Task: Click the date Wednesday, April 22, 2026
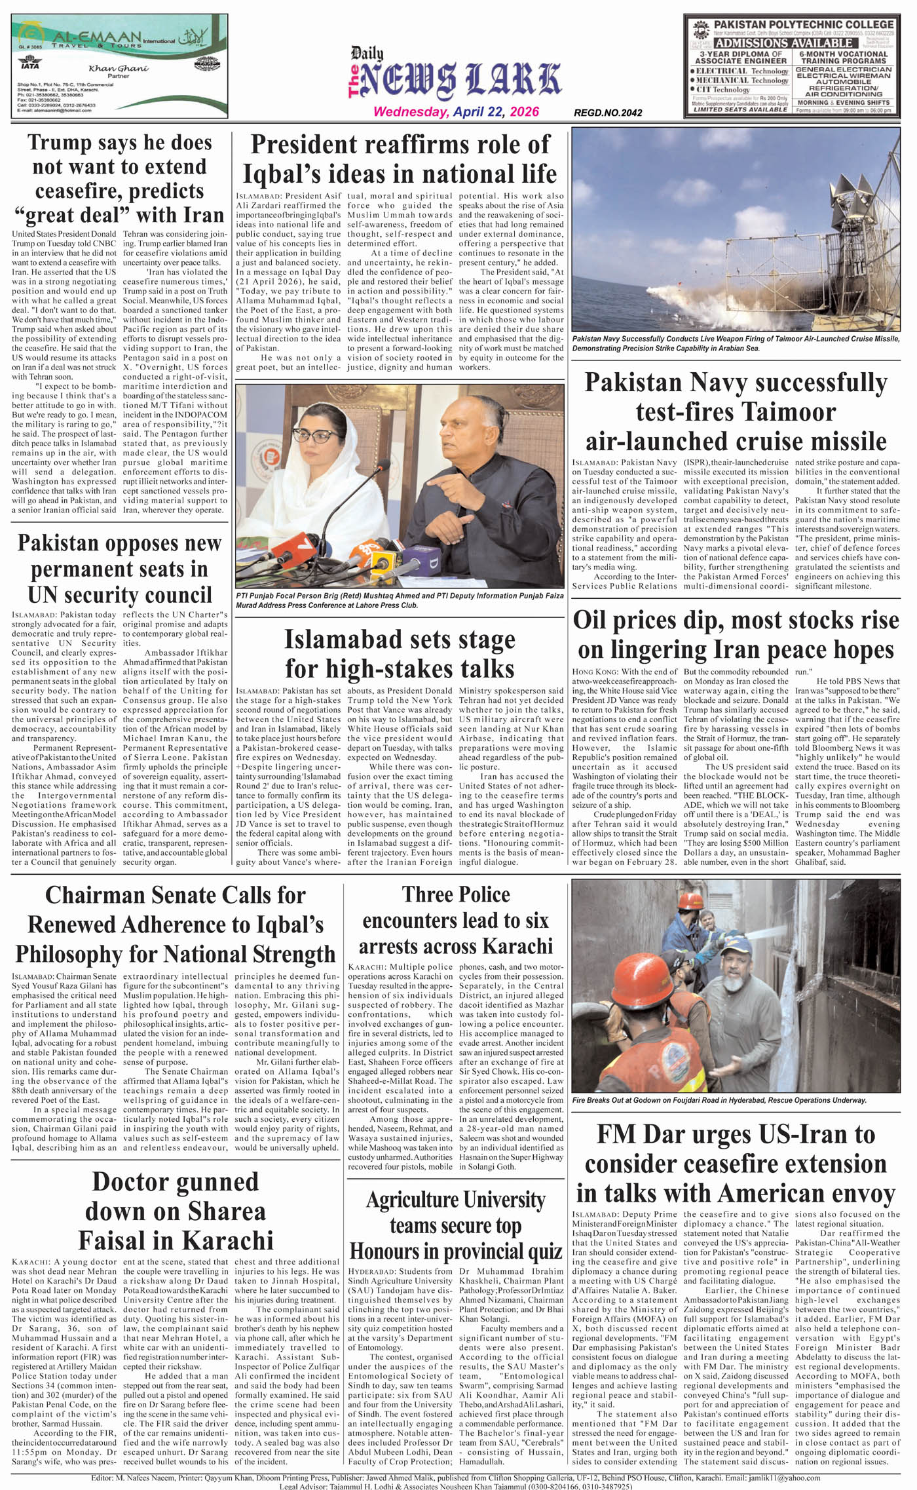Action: pyautogui.click(x=456, y=111)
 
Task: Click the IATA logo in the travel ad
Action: pyautogui.click(x=30, y=65)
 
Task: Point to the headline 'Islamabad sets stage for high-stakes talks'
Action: pyautogui.click(x=400, y=654)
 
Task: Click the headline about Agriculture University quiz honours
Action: pyautogui.click(x=456, y=1225)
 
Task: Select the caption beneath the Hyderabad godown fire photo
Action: pyautogui.click(x=719, y=1100)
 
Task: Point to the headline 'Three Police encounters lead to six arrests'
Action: pyautogui.click(x=456, y=920)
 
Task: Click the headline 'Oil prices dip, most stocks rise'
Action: pyautogui.click(x=736, y=634)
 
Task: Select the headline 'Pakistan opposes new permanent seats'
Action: pyautogui.click(x=119, y=569)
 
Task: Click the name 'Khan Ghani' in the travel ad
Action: pyautogui.click(x=119, y=68)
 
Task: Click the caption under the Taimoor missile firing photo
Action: pyautogui.click(x=736, y=343)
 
